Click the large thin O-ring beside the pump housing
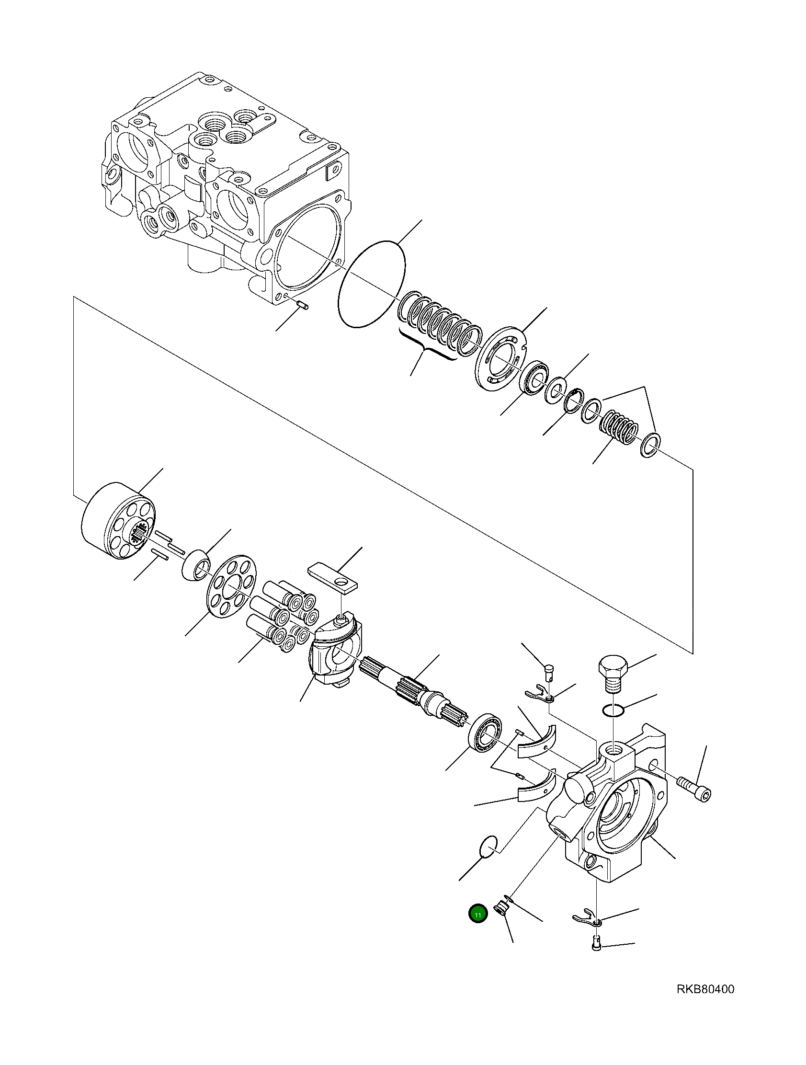(372, 284)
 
